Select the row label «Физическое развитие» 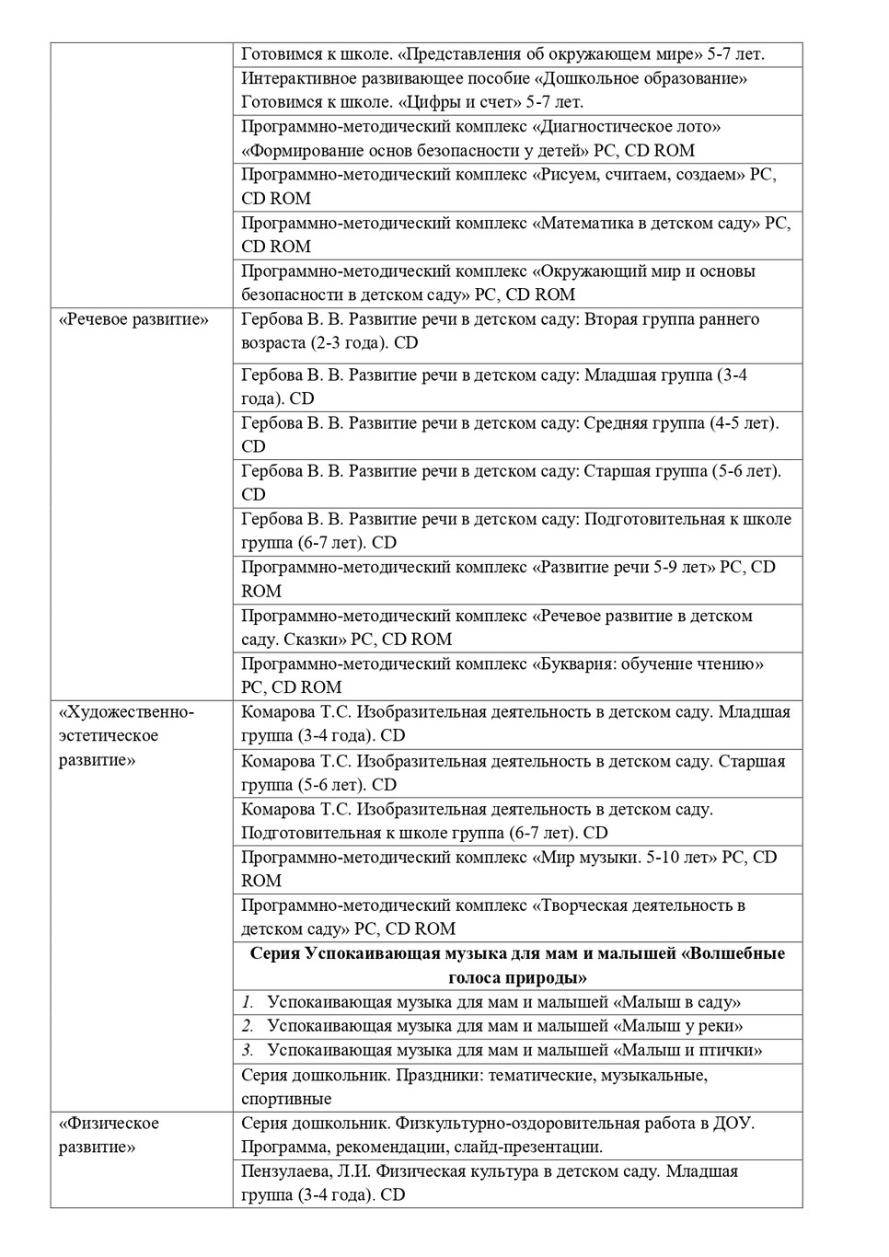109,1135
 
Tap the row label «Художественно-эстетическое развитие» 126,736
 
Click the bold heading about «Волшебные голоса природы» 517,965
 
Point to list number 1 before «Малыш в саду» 248,1002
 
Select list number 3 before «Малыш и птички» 248,1050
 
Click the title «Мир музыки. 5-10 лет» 624,858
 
